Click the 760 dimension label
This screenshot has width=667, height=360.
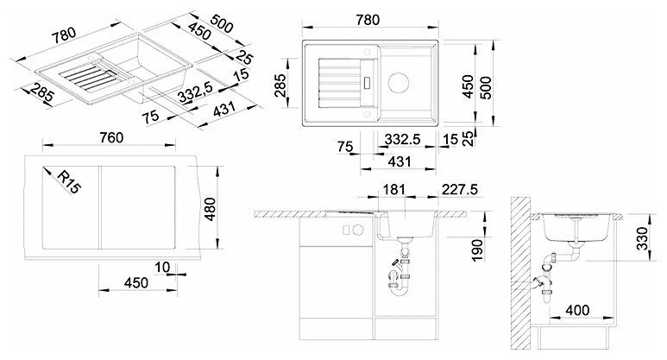(x=111, y=137)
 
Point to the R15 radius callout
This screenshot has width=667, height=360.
(x=69, y=182)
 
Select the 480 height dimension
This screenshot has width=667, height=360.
(x=211, y=209)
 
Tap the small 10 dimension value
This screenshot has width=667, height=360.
(x=161, y=268)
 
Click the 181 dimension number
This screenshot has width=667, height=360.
(x=394, y=189)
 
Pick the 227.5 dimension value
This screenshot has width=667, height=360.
(x=460, y=189)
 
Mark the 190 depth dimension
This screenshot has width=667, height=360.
(x=478, y=250)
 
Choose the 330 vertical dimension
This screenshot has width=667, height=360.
(x=643, y=239)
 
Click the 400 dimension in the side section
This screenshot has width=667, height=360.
(x=577, y=310)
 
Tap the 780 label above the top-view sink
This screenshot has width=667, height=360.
(x=368, y=20)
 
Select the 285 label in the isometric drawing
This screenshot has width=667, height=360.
(x=41, y=97)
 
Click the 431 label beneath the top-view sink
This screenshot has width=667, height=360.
(x=400, y=161)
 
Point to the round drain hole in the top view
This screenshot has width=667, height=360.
(x=399, y=83)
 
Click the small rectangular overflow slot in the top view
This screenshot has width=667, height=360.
(x=368, y=82)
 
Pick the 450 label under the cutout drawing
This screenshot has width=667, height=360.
(x=136, y=282)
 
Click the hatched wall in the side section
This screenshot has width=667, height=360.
(x=521, y=272)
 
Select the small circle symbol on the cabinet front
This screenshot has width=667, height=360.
(x=358, y=230)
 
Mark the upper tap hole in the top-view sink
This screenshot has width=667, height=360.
(x=367, y=51)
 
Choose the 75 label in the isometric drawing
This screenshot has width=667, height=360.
(x=151, y=116)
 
